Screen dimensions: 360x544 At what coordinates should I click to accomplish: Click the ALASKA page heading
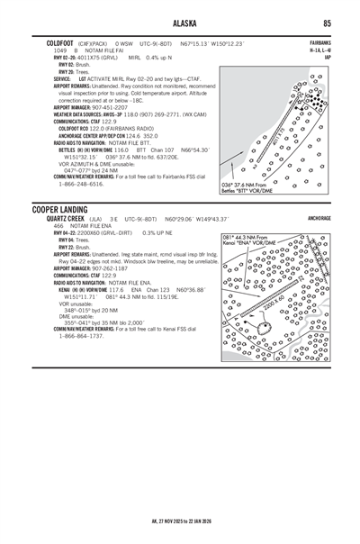pyautogui.click(x=180, y=23)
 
